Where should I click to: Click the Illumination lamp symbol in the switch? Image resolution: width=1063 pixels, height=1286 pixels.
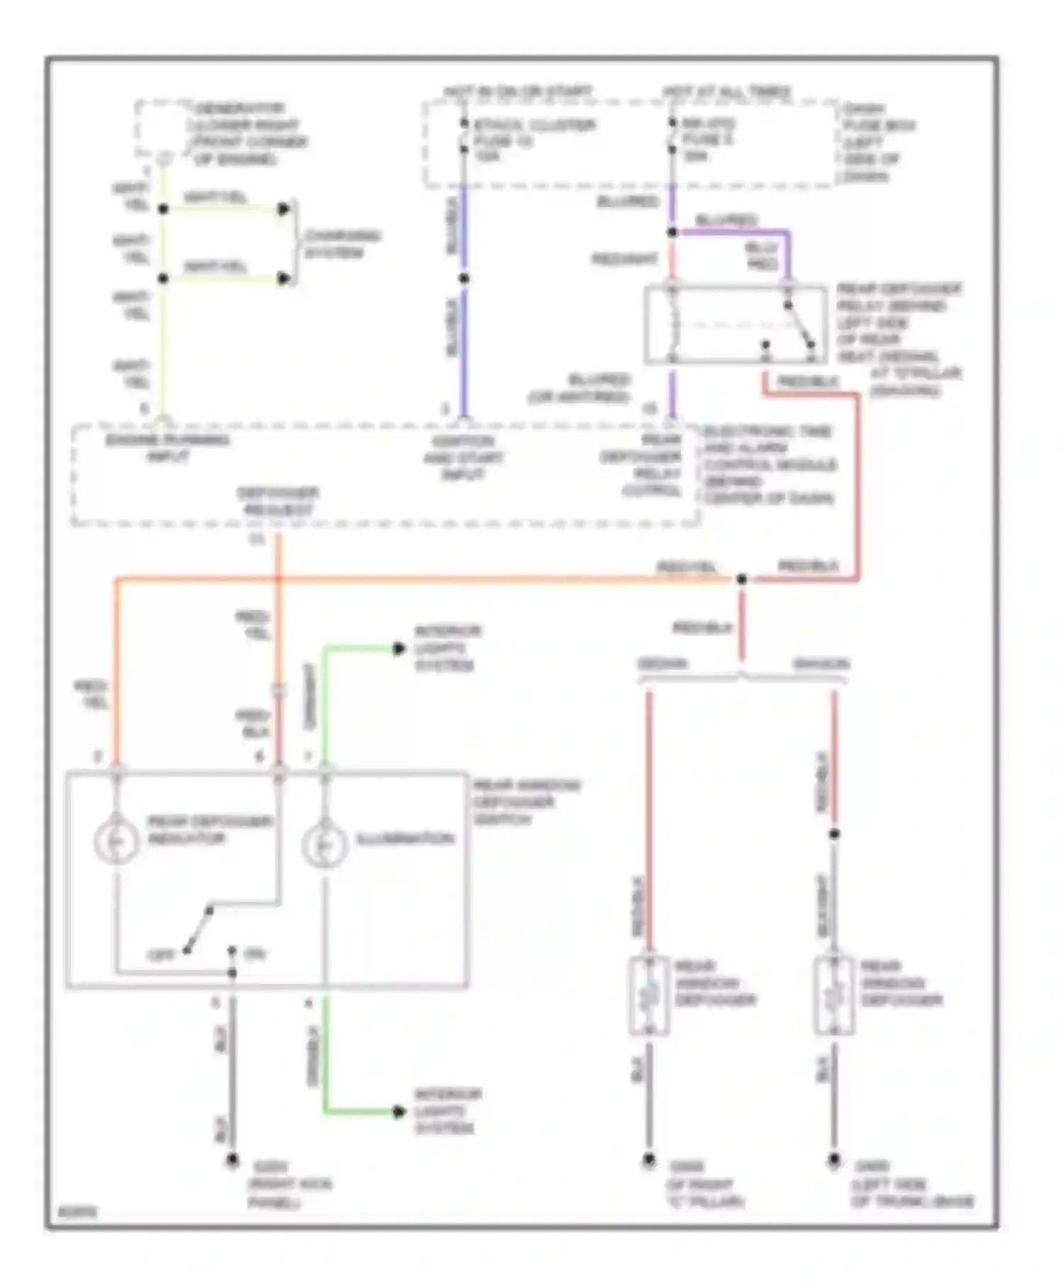324,844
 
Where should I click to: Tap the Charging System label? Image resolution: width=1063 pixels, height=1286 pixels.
342,244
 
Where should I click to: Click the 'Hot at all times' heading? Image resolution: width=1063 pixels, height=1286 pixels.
727,92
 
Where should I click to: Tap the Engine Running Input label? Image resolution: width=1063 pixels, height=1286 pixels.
168,448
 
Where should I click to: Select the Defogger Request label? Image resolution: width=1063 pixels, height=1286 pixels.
277,501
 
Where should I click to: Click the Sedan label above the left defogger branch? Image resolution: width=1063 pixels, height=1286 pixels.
663,664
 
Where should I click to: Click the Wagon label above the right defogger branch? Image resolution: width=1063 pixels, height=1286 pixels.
821,664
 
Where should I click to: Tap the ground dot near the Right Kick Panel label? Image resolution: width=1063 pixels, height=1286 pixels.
232,1161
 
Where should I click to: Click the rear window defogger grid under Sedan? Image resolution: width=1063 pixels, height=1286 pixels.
649,995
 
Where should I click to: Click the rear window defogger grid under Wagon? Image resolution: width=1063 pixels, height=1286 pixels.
834,995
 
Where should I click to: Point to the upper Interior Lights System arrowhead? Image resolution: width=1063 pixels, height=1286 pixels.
399,648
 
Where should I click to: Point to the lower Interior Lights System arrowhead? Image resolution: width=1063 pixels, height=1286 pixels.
399,1112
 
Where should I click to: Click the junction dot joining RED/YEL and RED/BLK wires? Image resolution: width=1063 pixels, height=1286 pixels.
742,579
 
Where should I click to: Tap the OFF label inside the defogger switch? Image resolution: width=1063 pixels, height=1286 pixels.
160,956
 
